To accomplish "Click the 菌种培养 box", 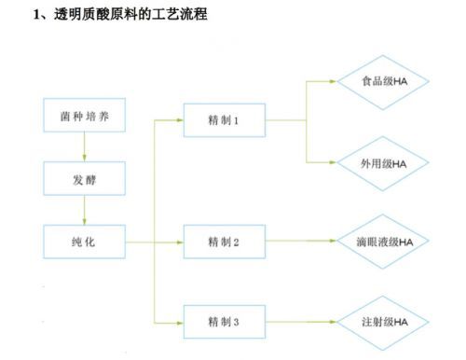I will click(83, 117).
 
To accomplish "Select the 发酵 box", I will click(83, 180).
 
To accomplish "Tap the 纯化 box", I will click(83, 242).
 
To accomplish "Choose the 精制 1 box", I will click(224, 120).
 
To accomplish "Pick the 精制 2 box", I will click(224, 242).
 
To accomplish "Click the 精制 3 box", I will click(224, 322).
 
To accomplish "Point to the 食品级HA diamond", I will click(383, 81).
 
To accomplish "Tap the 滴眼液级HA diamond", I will click(383, 242).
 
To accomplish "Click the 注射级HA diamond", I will click(383, 322).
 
